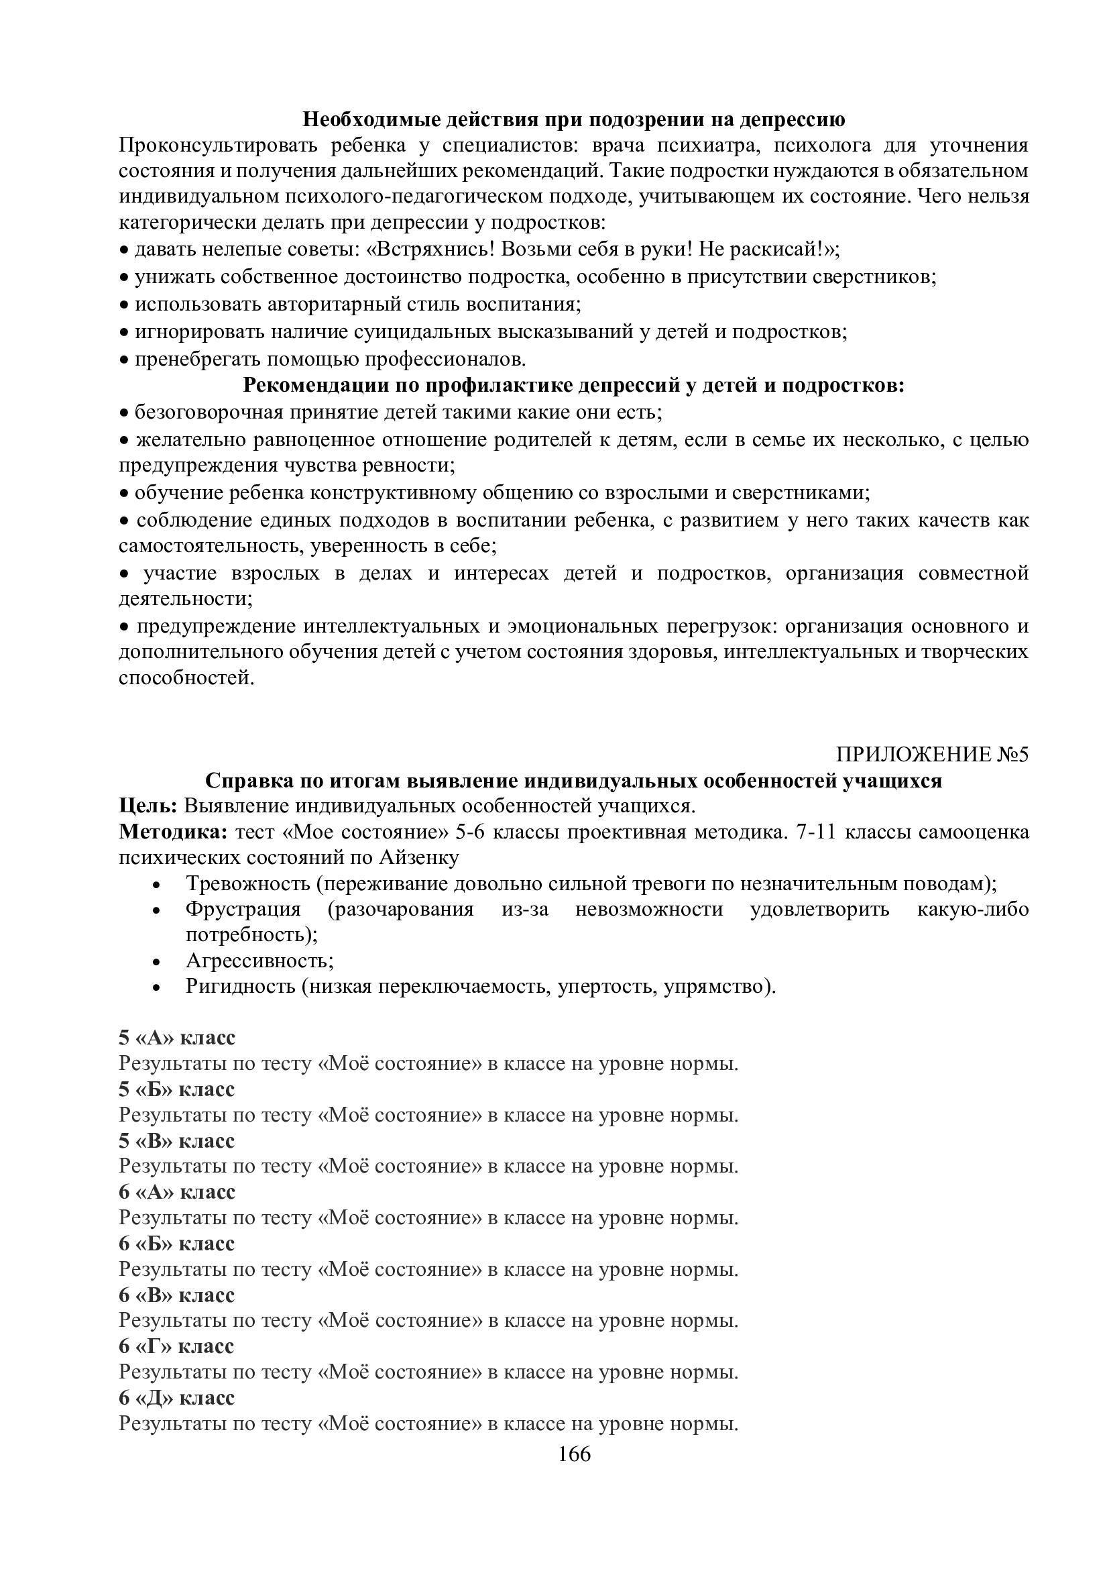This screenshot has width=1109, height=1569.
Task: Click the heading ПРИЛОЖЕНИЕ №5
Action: click(932, 755)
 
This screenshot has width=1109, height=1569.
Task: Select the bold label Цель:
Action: click(148, 806)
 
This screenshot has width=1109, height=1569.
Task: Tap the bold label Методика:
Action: click(174, 832)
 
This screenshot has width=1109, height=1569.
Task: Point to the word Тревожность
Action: click(248, 883)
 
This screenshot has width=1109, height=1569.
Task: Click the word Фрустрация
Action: click(243, 909)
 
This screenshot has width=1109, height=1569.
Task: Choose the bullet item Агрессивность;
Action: click(259, 960)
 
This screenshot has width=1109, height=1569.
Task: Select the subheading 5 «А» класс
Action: click(177, 1037)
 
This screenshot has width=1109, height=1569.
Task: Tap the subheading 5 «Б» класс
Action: click(177, 1089)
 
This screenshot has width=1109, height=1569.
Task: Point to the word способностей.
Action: click(182, 678)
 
